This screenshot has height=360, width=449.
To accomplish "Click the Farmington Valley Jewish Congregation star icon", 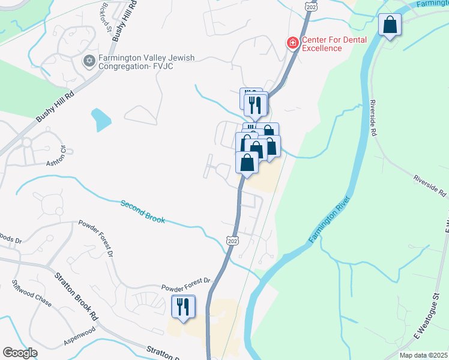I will (89, 61).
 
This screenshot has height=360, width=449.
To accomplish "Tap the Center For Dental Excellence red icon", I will (292, 43).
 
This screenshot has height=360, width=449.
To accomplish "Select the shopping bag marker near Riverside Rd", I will (390, 25).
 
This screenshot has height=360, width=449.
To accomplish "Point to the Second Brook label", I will (142, 212).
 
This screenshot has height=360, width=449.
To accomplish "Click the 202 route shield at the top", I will (310, 5).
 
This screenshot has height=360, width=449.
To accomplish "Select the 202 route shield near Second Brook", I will (233, 240).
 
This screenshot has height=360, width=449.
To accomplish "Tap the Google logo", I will (20, 353).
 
